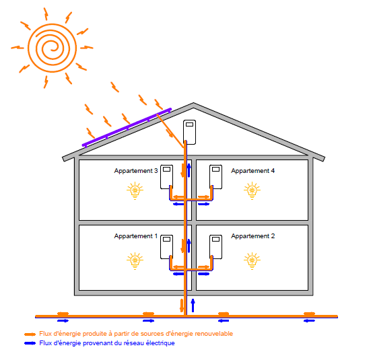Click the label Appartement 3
136,171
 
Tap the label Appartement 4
253,171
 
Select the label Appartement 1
136,236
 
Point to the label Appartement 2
253,236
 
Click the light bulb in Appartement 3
135,190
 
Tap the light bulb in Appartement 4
252,190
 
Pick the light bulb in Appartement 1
135,261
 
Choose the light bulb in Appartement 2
252,261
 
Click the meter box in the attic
190,132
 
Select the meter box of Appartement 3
167,177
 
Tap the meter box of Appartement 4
215,177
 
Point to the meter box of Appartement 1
167,247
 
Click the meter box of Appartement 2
215,247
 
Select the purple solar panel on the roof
127,127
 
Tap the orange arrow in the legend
30,334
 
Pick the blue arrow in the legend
30,343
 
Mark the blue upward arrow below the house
193,305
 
